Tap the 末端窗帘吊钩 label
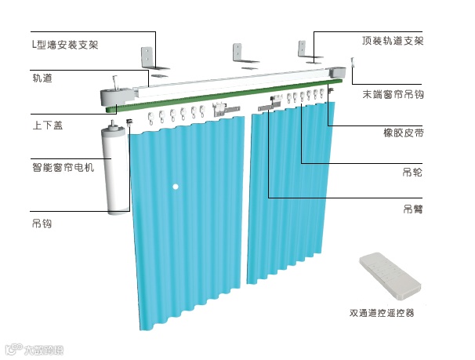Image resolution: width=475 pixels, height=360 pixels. coord(391,94)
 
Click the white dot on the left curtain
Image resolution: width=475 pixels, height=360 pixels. coord(177,187)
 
